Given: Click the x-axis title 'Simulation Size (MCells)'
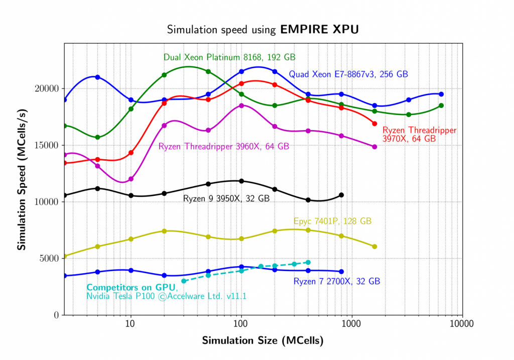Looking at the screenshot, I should coord(263,340).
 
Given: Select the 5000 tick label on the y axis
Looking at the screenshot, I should coord(49,259).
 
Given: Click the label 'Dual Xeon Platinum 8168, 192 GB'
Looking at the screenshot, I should coord(229,57).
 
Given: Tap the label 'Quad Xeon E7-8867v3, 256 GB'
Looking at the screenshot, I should coord(348,74).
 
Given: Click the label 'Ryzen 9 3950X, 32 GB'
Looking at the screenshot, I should coord(226,199).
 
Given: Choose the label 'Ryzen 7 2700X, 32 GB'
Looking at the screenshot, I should coord(336,282).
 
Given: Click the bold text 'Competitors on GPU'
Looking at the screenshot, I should coord(131,288).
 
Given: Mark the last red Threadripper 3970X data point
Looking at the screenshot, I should coord(374,124).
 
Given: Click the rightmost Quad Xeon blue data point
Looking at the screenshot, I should coord(441,94).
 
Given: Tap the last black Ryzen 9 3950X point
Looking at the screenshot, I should coord(341,195).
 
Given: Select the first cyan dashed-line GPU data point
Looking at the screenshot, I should coord(184,281).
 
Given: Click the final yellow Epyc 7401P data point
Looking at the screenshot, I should coord(374,247).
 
